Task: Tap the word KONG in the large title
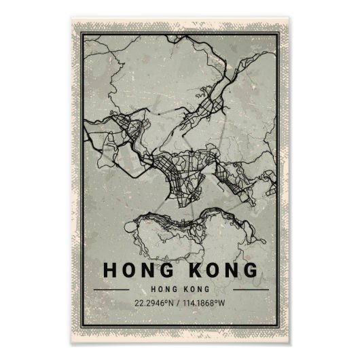pos(218,270)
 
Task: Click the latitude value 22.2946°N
pos(156,302)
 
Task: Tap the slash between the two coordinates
pos(180,302)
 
